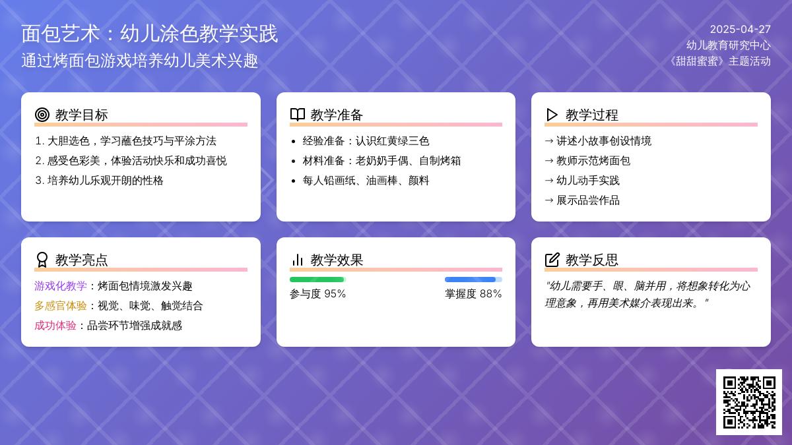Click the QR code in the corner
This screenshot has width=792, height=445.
[x=749, y=402]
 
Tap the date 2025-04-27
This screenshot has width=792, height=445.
[x=740, y=29]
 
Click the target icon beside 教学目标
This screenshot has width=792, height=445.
[x=42, y=115]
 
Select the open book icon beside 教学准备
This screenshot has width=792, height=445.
[x=298, y=115]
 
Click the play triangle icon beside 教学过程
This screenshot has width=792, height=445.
[x=552, y=115]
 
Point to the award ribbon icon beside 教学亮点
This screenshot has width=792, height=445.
[x=42, y=260]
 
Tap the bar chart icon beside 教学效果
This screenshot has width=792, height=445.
[x=298, y=260]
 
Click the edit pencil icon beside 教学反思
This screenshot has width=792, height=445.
[x=552, y=260]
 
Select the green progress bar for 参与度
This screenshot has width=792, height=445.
[x=317, y=280]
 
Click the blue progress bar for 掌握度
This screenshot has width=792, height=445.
[x=470, y=280]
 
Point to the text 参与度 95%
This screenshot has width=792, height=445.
[x=317, y=294]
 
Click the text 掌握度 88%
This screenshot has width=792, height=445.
[x=473, y=294]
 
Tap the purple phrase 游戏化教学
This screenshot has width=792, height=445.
[x=61, y=285]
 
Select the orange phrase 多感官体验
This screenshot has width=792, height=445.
[x=61, y=305]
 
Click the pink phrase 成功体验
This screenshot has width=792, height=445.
[x=55, y=325]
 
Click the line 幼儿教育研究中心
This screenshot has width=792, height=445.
[x=729, y=45]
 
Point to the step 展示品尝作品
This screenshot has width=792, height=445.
[x=587, y=200]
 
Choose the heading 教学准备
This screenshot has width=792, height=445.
[x=337, y=115]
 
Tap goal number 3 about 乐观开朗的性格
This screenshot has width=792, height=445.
[x=100, y=181]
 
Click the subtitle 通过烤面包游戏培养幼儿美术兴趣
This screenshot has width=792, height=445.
[x=140, y=61]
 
